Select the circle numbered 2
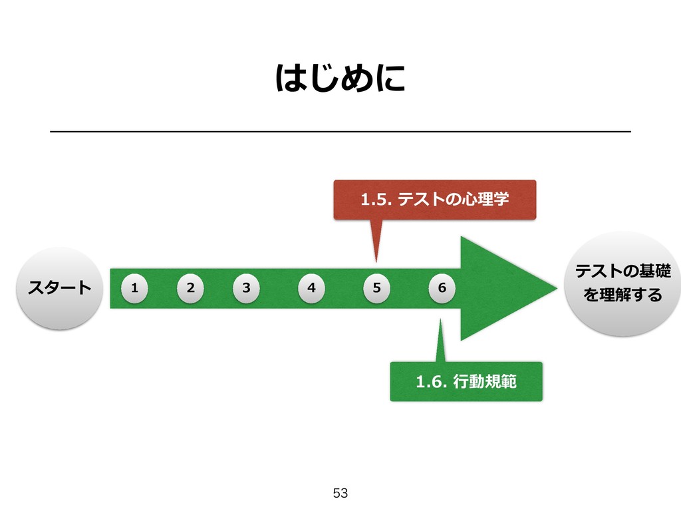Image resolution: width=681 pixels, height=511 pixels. point(190,288)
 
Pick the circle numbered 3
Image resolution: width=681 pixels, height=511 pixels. point(246,288)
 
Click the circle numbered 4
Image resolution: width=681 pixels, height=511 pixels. point(311,288)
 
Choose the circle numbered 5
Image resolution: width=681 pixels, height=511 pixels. point(376,288)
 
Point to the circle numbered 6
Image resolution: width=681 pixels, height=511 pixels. point(442,288)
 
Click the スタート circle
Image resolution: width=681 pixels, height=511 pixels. point(59,288)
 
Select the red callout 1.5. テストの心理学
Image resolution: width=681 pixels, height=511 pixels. point(434,199)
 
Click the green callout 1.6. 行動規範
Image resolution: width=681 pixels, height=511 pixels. point(466,381)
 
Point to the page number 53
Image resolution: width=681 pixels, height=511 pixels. point(340,493)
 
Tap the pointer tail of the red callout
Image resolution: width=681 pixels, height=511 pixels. point(376,240)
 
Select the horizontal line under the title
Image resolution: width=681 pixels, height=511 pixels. point(340,132)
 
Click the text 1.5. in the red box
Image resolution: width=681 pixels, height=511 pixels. point(374,199)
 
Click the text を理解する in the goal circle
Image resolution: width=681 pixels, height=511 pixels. point(622,294)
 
